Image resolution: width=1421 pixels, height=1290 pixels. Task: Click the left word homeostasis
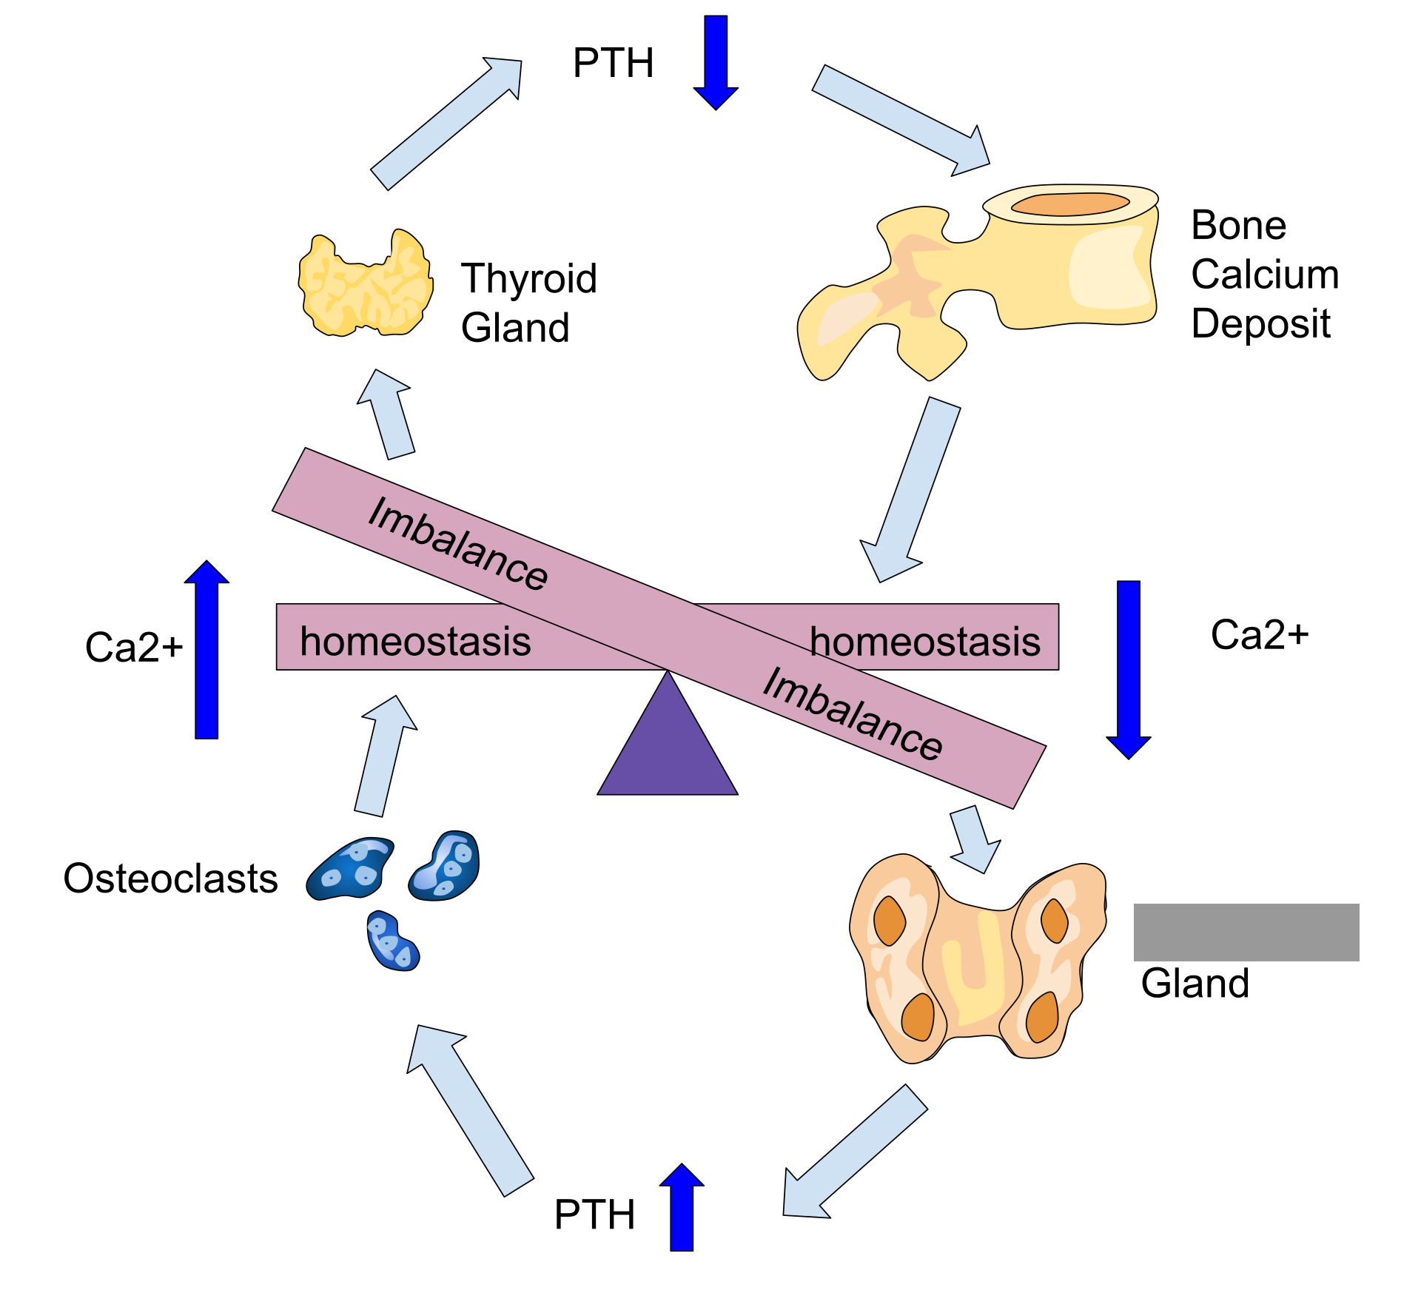(415, 641)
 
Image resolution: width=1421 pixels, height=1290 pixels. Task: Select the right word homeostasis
(925, 641)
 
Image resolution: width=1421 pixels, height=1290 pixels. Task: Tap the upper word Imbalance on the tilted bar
(458, 544)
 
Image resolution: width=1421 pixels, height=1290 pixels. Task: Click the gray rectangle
(1246, 932)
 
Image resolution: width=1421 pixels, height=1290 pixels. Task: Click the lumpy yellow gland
(366, 285)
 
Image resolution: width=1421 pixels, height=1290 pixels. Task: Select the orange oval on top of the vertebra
(1070, 204)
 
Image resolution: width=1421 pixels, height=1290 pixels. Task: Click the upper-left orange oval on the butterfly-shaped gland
(890, 921)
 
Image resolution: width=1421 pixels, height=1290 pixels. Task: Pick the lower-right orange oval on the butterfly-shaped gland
(1042, 1016)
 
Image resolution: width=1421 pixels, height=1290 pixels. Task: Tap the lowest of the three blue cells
(392, 941)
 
